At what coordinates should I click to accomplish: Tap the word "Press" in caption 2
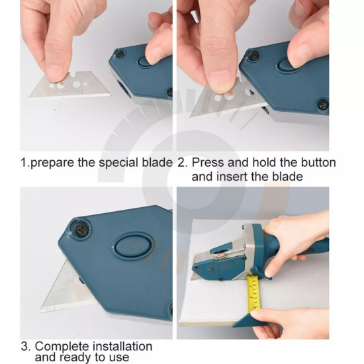click(208, 163)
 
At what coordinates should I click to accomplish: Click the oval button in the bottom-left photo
click(134, 247)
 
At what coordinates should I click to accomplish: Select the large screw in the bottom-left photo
click(81, 230)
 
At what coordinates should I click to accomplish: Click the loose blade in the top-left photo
click(69, 86)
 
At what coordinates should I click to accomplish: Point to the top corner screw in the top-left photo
click(120, 54)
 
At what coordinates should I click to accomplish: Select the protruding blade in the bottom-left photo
click(68, 290)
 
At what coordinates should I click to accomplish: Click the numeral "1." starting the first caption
click(25, 163)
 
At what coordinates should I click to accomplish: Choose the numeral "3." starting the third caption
click(26, 347)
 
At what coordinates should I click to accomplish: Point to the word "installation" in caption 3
click(122, 347)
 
